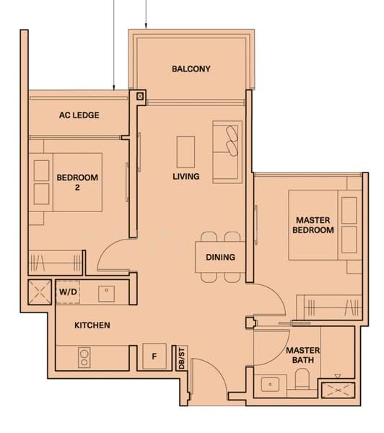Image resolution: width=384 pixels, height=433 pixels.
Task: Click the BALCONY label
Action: point(191,69)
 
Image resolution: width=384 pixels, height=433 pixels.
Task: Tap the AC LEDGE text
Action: point(79,115)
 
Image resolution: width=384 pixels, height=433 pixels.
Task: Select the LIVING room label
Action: point(186,177)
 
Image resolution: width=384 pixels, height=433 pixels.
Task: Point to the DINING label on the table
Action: point(220,257)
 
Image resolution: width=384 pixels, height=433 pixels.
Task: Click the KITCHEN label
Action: point(92,325)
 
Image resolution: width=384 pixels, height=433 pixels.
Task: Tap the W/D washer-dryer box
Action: point(68,292)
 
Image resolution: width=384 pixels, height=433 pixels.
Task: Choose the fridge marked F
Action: point(154,357)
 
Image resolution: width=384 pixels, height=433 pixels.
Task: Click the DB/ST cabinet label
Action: point(181,359)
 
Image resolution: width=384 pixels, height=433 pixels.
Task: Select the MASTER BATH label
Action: point(302,355)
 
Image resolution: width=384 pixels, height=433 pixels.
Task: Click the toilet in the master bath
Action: point(302,379)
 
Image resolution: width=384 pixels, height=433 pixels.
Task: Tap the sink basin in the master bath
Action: point(270,385)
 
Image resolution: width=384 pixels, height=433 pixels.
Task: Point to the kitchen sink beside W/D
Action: point(106,294)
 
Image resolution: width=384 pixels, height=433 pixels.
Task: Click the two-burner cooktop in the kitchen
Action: point(84,358)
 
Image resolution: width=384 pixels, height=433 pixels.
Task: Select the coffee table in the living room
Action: point(186,152)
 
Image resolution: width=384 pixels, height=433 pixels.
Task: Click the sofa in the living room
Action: point(227,152)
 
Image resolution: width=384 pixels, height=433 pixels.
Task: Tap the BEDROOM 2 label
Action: point(77,183)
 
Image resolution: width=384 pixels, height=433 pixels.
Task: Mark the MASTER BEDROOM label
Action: point(313,225)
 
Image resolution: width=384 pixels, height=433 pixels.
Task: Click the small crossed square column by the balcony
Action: point(140,97)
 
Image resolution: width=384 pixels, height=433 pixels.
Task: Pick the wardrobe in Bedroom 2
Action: point(56,263)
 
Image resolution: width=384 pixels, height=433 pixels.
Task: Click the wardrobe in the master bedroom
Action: point(329,307)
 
